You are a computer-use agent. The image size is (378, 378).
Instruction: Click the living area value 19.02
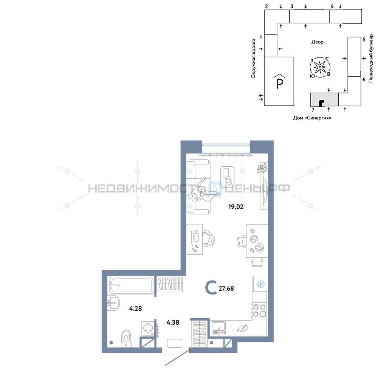point(236,207)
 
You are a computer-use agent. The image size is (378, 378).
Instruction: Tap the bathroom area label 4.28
point(135,308)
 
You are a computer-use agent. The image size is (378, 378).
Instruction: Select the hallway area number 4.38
point(173,322)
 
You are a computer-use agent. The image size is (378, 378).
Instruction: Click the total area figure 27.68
point(226,288)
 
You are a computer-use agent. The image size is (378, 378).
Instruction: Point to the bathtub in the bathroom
point(131,285)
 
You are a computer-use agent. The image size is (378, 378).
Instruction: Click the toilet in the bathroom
point(126,338)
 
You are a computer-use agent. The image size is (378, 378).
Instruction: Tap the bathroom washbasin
point(113,303)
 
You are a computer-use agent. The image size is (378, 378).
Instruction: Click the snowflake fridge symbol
point(260,284)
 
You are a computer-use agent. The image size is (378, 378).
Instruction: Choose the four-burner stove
point(259,310)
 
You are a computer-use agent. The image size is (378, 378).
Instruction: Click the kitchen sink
point(218,328)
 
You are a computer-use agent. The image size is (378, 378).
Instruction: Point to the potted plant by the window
point(262,168)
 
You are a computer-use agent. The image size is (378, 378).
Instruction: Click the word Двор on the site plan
point(317,42)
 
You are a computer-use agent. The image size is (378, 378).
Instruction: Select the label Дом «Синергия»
point(312,118)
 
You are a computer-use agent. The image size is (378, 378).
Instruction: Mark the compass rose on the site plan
point(320,67)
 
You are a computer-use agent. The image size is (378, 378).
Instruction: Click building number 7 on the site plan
point(313,110)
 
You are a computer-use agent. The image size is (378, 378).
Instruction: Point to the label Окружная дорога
point(253,59)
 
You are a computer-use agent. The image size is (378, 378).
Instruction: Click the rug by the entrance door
point(175,343)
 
